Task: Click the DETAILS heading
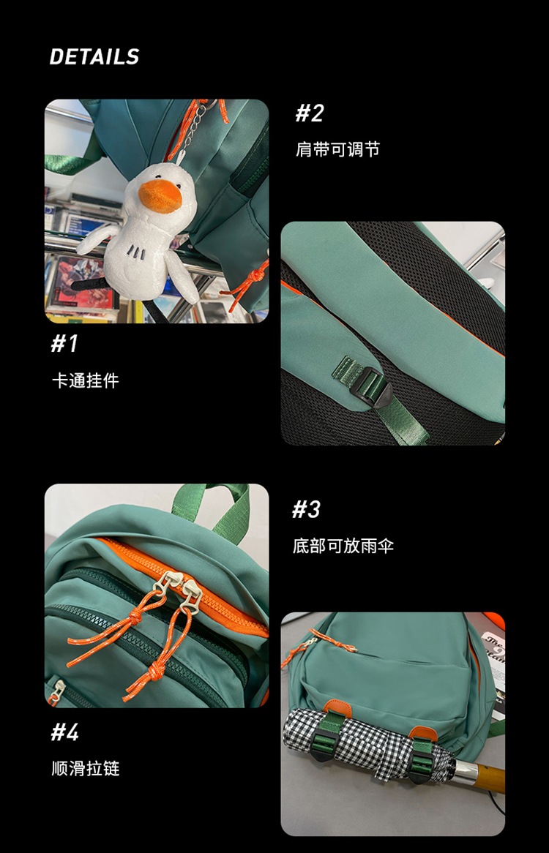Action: point(94,57)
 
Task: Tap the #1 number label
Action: point(64,344)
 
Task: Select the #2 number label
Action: point(309,113)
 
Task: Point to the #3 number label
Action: point(306,510)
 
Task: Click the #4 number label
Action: point(64,732)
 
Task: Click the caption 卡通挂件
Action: point(84,381)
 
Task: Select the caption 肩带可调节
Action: point(337,150)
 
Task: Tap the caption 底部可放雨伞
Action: point(343,546)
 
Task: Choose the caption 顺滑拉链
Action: point(85,769)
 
